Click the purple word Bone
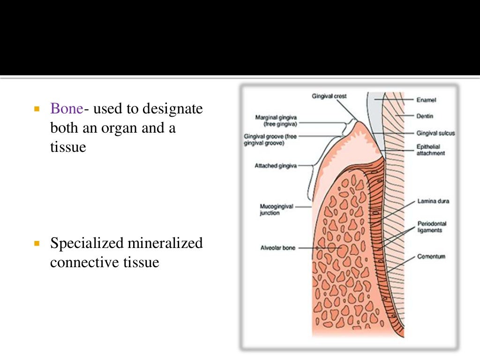67,109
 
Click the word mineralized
165,243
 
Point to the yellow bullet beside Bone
37,109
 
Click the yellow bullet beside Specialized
37,244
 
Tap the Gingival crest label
329,96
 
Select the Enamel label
426,100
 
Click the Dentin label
425,115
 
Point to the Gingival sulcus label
435,133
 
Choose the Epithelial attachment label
430,150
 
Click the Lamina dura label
433,202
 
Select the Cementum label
431,256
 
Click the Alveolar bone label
277,247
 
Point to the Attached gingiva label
275,165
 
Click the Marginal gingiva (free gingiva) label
276,120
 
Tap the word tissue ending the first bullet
68,147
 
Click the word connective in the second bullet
80,262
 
